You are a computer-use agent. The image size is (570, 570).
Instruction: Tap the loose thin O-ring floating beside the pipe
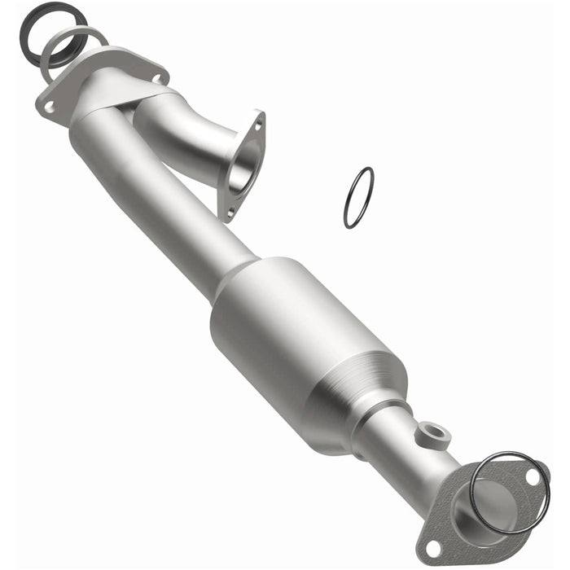pyautogui.click(x=358, y=197)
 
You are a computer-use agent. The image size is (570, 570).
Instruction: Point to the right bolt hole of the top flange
pyautogui.click(x=155, y=77)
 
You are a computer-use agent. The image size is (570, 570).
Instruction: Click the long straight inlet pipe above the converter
pyautogui.click(x=163, y=204)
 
